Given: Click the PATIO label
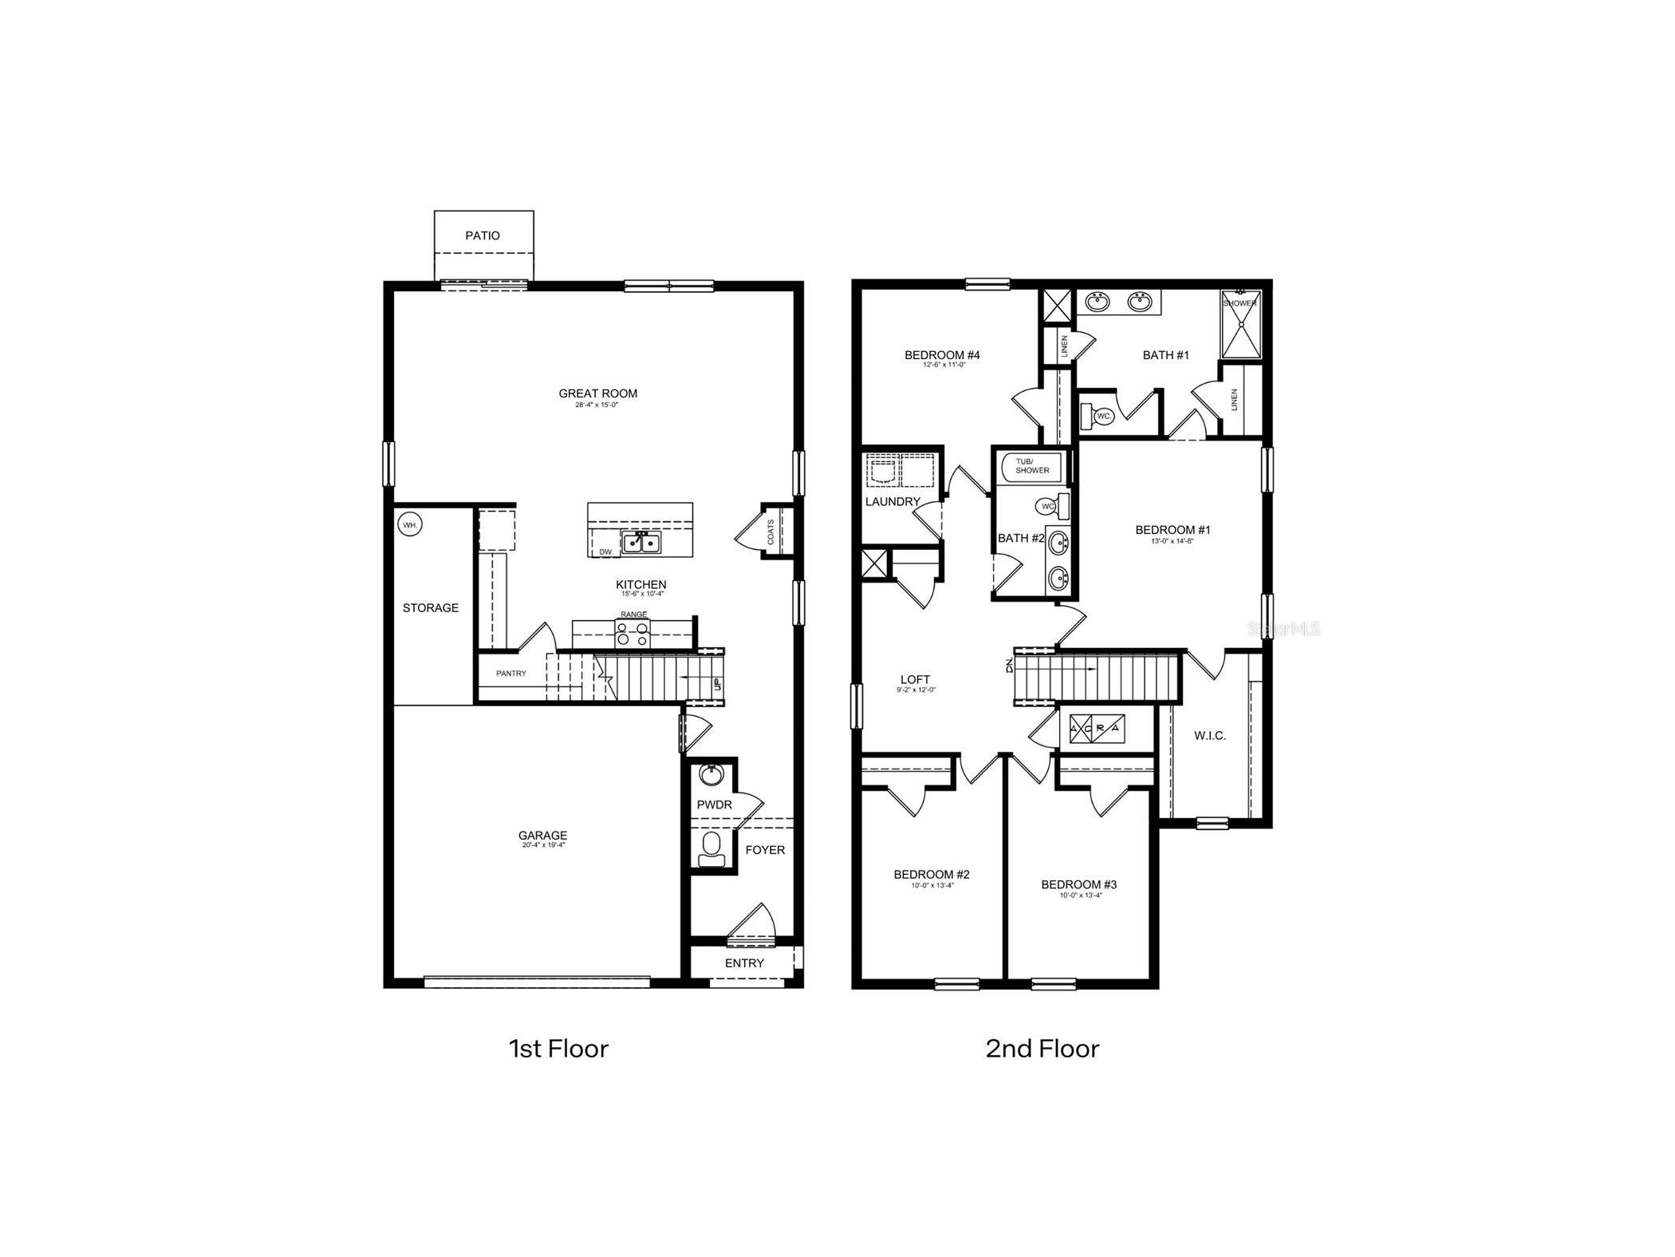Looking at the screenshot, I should coord(483,235).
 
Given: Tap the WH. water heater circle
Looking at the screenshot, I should coord(410,525).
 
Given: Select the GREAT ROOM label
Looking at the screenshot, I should coord(597,393).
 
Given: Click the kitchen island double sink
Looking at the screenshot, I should coord(641,543).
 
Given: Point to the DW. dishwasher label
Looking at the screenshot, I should coord(605,551).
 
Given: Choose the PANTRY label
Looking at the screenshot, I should coord(510,674).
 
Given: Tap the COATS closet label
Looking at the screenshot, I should coord(770,532).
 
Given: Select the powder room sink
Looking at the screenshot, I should coord(709,774).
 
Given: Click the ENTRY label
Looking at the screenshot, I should coord(743,963).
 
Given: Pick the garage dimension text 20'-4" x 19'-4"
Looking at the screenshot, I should coord(543,845).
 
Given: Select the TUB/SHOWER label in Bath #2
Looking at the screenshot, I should coord(1032,466).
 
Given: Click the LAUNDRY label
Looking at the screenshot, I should coord(893,502).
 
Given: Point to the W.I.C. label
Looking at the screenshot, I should coord(1209,736).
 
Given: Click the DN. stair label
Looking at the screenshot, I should coord(1009,665).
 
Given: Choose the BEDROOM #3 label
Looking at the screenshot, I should coord(1078,884).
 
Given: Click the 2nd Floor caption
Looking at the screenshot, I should coord(1042,1049).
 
